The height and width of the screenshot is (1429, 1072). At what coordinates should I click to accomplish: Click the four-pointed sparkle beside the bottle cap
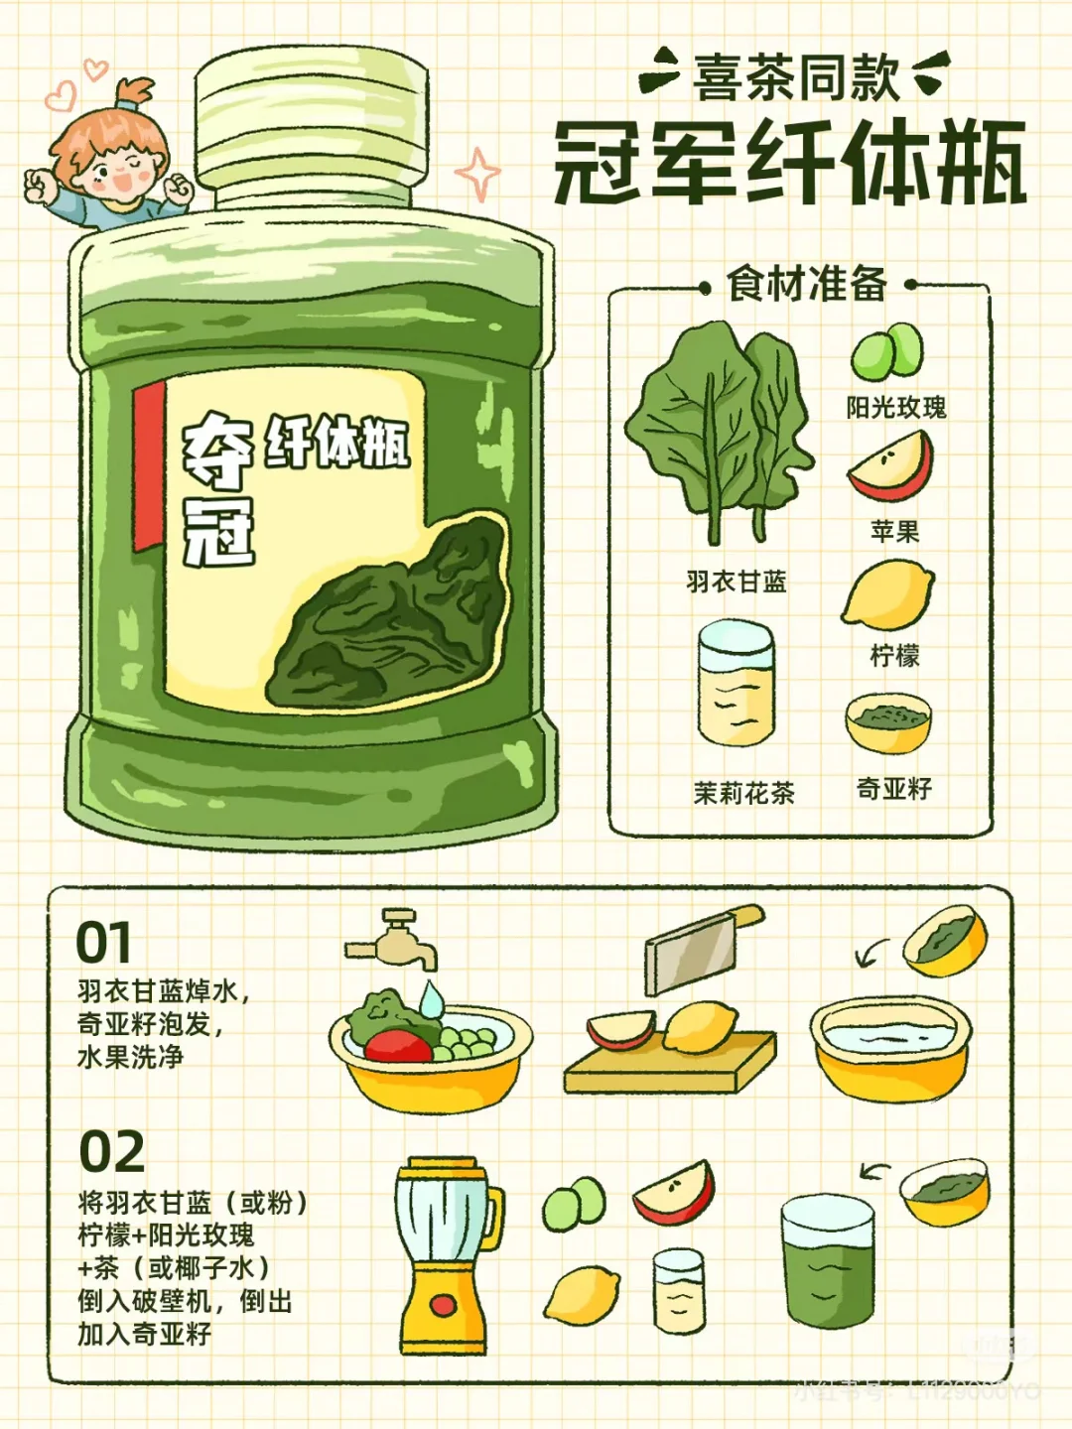pyautogui.click(x=478, y=175)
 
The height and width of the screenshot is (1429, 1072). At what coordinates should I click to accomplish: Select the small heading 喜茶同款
pyautogui.click(x=796, y=77)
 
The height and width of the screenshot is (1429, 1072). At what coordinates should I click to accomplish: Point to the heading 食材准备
pyautogui.click(x=807, y=285)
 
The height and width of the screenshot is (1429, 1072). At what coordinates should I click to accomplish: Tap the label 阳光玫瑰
pyautogui.click(x=895, y=408)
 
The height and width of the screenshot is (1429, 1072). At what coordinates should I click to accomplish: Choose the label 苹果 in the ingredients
pyautogui.click(x=894, y=532)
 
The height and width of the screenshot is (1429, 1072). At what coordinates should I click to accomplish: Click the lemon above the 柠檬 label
pyautogui.click(x=888, y=593)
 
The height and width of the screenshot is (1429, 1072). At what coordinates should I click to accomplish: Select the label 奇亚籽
pyautogui.click(x=893, y=789)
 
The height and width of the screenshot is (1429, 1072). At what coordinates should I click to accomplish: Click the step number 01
pyautogui.click(x=103, y=943)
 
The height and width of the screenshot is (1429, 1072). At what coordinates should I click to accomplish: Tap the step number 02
pyautogui.click(x=111, y=1152)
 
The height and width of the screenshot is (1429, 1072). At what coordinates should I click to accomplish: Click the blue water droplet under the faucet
pyautogui.click(x=431, y=998)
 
